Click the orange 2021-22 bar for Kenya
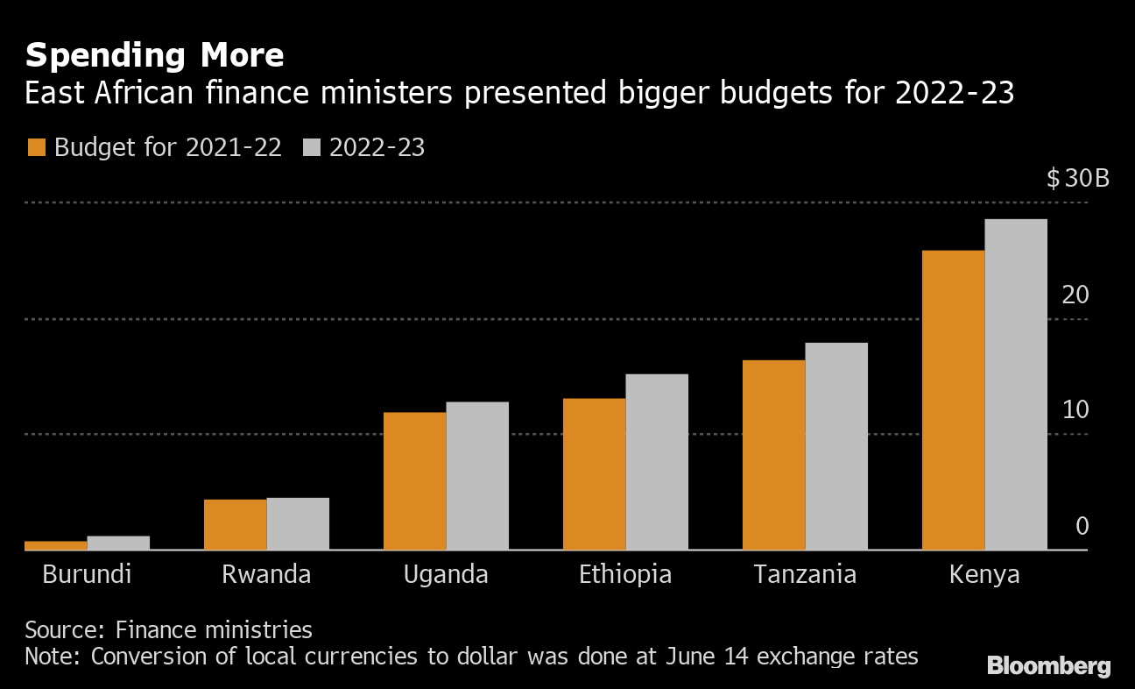[954, 400]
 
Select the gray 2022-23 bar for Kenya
[1016, 384]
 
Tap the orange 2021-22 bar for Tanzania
[773, 455]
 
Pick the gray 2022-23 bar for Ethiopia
[657, 462]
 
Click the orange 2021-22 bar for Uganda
[415, 481]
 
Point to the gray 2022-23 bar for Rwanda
[298, 523]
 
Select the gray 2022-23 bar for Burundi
[118, 543]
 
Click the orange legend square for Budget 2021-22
[36, 147]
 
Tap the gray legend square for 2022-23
[312, 147]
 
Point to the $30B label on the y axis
[1077, 180]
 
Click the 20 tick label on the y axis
[1075, 295]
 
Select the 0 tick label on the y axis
[1082, 526]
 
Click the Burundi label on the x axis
[87, 575]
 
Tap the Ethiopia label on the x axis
[625, 575]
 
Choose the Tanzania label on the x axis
[805, 575]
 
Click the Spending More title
[154, 56]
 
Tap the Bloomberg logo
[1048, 666]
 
